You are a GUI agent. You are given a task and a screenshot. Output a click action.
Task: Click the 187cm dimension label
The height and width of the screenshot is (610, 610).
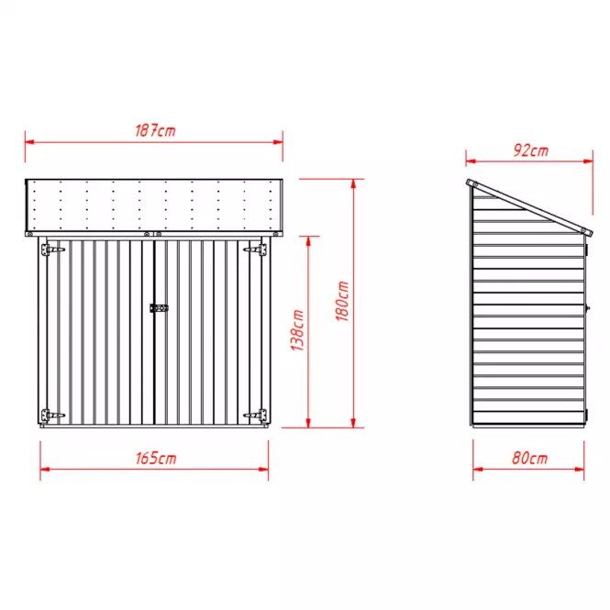click(155, 130)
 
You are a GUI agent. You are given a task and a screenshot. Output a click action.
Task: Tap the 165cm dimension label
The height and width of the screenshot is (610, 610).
click(156, 459)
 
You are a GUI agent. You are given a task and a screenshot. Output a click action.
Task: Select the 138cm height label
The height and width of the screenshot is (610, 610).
click(297, 330)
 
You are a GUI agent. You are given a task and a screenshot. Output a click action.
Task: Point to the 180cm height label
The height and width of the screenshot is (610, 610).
click(342, 301)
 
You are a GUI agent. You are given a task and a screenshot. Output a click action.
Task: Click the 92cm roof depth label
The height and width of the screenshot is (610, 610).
click(530, 150)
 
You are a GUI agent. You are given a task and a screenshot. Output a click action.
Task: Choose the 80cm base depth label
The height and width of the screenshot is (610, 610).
click(529, 459)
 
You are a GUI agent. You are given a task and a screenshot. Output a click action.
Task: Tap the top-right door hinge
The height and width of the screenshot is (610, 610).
click(255, 250)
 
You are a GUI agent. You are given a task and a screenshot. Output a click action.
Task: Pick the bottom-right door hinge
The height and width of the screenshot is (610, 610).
click(255, 416)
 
